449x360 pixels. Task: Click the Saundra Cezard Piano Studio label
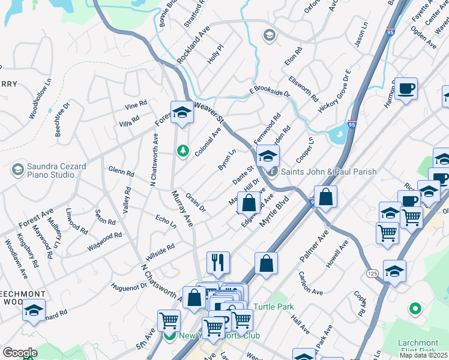(56, 171)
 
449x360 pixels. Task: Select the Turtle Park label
(273, 307)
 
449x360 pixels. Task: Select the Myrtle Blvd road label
(270, 214)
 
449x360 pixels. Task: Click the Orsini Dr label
(196, 202)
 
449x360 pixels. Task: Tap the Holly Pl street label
(215, 55)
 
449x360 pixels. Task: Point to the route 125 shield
(370, 273)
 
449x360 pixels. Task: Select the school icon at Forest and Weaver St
(181, 112)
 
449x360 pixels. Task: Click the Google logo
(20, 353)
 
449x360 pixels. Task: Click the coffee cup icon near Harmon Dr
(406, 89)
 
